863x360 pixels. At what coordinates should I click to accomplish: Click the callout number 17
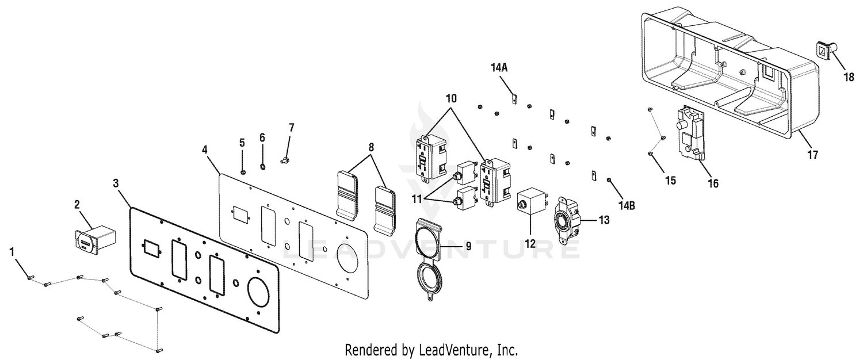click(812, 155)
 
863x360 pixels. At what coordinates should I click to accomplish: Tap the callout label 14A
click(499, 68)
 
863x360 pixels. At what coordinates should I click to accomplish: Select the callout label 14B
click(627, 206)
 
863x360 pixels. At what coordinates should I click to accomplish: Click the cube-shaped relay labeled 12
click(530, 201)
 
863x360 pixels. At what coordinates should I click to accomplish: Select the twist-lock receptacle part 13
click(567, 220)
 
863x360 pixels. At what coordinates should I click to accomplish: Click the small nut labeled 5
click(243, 172)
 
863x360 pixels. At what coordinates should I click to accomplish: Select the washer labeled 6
click(262, 167)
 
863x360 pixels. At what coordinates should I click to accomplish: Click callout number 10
click(451, 98)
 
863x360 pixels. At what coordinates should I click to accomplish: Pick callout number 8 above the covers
click(371, 147)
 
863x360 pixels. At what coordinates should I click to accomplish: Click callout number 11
click(427, 200)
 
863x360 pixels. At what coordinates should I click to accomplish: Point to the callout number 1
click(12, 252)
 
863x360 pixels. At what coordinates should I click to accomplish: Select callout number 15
click(671, 180)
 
